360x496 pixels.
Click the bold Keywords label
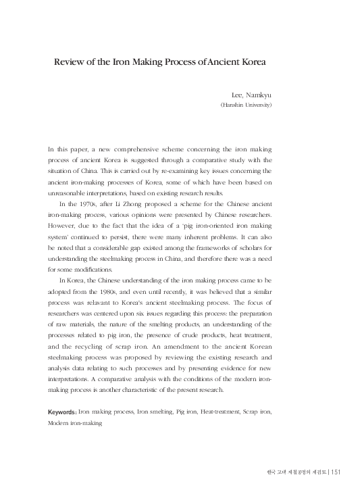(62, 411)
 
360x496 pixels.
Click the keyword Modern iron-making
(75, 422)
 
